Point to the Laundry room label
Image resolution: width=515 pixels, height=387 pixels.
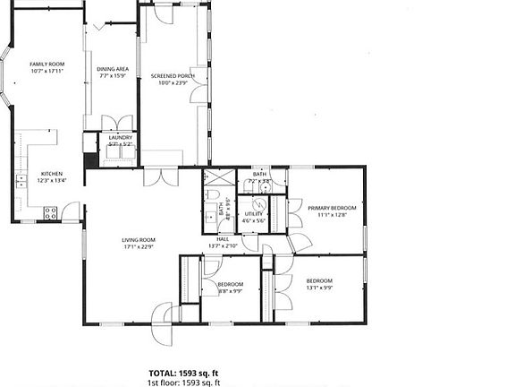(x=120, y=137)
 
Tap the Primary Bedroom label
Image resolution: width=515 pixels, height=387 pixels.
(x=332, y=208)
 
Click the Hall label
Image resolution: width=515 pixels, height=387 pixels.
(x=223, y=240)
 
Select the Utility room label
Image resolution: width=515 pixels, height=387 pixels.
(x=254, y=214)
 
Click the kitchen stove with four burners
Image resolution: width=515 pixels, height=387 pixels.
(x=50, y=213)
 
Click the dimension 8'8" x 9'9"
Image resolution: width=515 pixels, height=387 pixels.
(x=230, y=290)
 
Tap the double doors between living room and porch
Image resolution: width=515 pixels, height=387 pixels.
(x=161, y=176)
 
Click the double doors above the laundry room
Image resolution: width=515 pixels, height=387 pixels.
(x=118, y=123)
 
